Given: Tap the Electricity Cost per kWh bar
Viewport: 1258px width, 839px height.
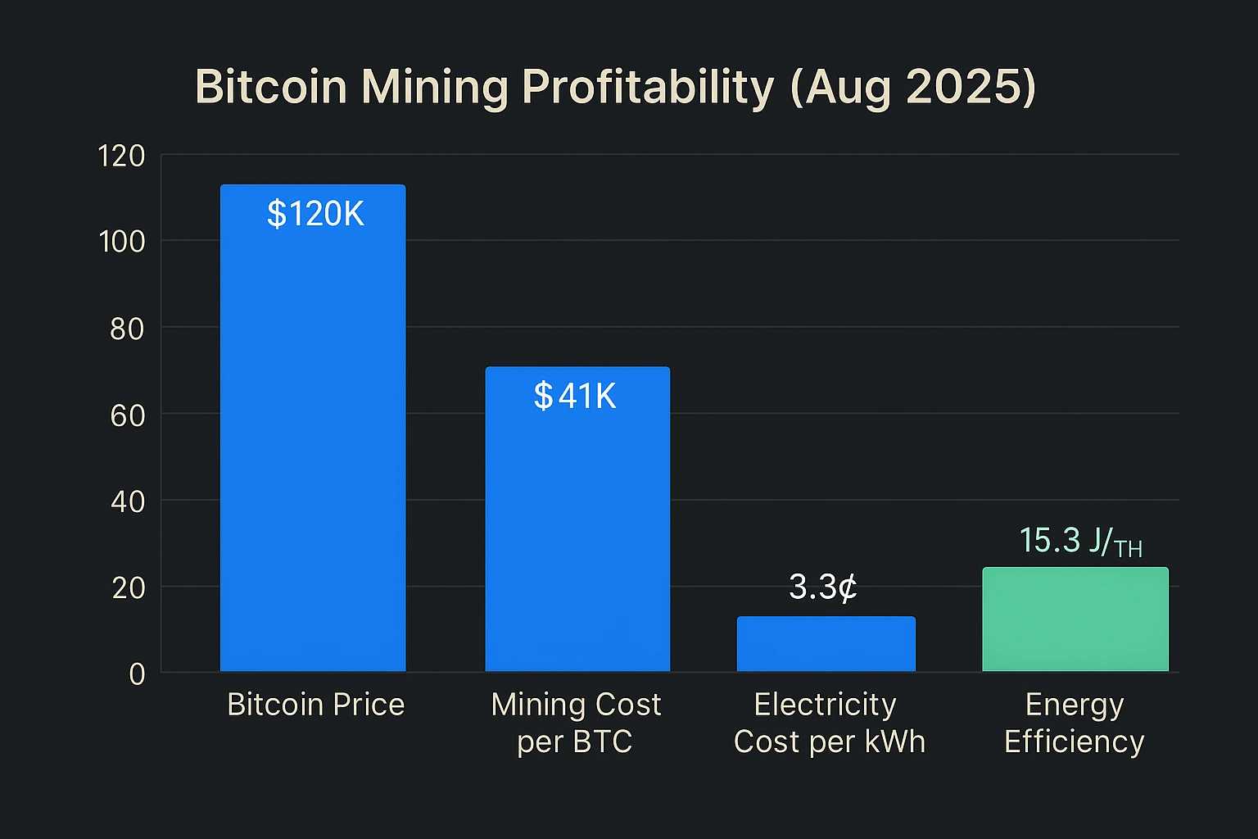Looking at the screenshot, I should tap(826, 644).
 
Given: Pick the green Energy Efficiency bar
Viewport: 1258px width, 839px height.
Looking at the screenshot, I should tap(1075, 619).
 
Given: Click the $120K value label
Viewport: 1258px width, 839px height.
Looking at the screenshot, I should tap(315, 214).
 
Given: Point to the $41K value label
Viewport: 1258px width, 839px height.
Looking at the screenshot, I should tap(575, 397).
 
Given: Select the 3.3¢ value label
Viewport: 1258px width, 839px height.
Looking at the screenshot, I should tap(823, 587).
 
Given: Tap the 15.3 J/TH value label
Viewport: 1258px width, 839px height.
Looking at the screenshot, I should tap(1079, 542).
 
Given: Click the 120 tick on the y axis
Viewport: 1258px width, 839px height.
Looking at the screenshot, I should tap(121, 156).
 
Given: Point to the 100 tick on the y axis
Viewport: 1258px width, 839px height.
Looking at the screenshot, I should tap(121, 242).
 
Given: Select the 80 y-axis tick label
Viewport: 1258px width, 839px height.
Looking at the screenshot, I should tap(127, 329).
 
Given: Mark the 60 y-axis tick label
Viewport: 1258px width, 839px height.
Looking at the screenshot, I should tap(127, 415).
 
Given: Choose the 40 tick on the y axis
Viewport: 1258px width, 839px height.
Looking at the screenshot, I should tap(127, 501).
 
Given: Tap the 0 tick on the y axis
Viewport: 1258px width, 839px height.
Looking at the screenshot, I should tap(137, 673).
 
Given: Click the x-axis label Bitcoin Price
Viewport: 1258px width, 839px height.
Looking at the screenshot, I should tap(315, 705).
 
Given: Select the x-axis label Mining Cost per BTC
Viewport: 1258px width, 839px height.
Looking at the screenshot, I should tap(576, 723).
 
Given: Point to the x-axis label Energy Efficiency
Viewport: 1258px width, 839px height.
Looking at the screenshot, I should tap(1074, 723).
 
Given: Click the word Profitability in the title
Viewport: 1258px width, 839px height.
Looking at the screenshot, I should tap(647, 87).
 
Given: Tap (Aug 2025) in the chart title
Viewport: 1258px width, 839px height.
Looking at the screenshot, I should tap(913, 87).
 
